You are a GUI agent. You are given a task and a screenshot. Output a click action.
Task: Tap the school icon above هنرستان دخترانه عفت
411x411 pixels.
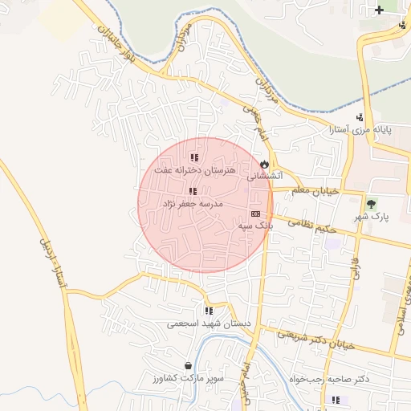(193, 158)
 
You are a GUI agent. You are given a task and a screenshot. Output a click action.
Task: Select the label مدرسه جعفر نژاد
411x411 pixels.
(193, 204)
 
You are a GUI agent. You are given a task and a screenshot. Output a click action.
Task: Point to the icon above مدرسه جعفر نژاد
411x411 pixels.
(192, 191)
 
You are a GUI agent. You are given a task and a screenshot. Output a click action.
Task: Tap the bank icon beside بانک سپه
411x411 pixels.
(255, 214)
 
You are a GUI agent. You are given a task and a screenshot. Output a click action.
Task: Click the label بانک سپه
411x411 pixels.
(255, 227)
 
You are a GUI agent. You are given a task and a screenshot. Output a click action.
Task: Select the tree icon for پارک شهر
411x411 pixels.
(371, 203)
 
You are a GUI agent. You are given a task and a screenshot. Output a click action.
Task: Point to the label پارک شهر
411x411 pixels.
(371, 217)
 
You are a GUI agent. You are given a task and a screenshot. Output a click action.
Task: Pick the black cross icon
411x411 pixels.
(380, 10)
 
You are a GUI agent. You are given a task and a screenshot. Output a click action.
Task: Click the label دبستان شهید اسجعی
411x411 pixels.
(208, 324)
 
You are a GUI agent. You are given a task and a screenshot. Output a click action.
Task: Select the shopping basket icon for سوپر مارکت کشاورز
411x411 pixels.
(188, 365)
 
